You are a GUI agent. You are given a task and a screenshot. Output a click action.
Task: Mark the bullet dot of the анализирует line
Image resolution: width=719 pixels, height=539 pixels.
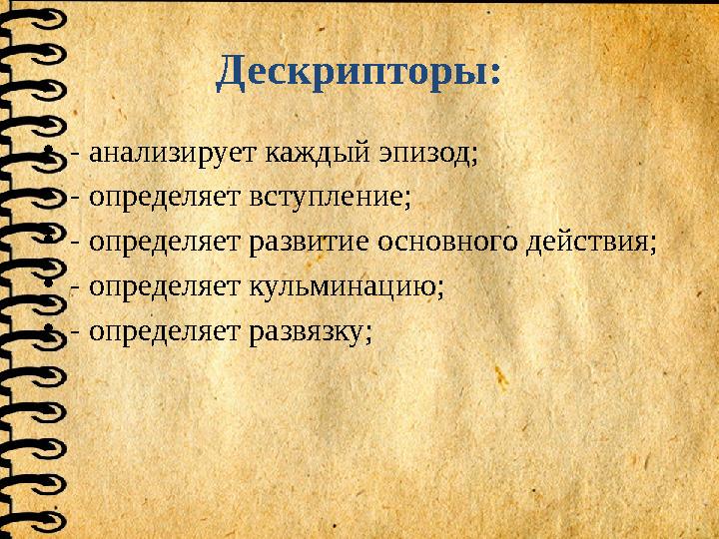click(50, 156)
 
